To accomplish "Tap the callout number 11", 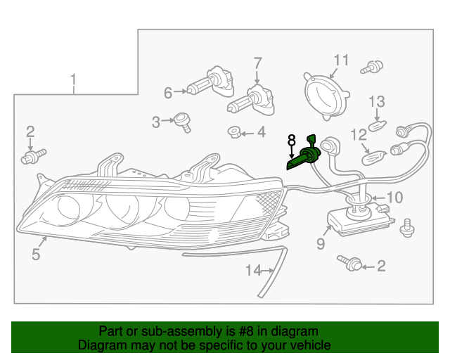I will (x=341, y=60).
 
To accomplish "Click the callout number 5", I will (x=36, y=255).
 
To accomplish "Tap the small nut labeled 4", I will (x=233, y=131).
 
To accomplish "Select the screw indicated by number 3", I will (x=183, y=122).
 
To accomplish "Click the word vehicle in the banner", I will (x=308, y=345).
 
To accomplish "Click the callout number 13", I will (x=377, y=102).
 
